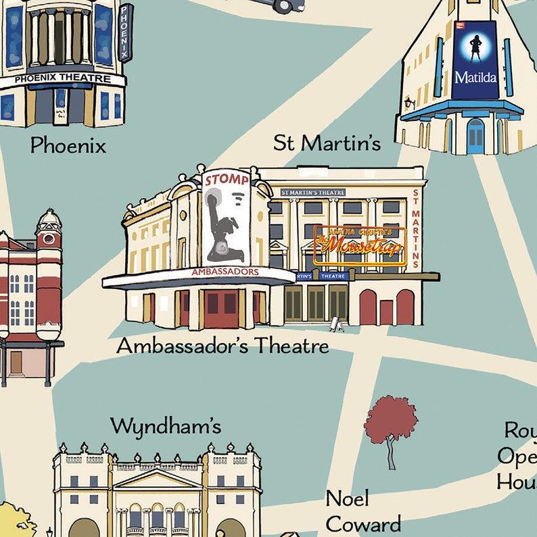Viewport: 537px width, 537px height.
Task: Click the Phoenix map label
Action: click(68, 145)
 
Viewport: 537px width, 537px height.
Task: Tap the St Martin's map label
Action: click(327, 143)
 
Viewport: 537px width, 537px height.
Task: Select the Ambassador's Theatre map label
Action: click(223, 346)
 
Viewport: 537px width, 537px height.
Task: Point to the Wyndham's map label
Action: click(166, 426)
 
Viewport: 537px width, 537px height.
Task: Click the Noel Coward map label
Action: click(363, 511)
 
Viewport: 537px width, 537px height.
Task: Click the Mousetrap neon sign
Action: click(359, 245)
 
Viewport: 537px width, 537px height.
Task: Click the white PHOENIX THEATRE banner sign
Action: click(62, 79)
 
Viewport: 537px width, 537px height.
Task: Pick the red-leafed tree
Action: click(390, 422)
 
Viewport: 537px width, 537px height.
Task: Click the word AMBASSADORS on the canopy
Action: click(225, 272)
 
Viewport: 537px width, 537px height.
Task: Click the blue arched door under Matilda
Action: click(475, 136)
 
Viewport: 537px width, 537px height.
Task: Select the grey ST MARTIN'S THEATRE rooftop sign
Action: click(312, 193)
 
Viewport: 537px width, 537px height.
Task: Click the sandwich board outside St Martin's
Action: click(335, 326)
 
